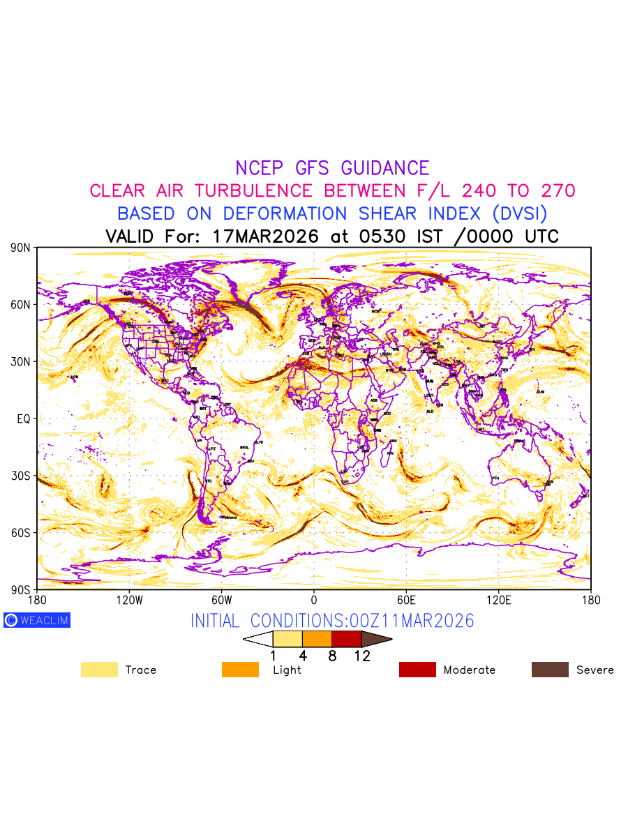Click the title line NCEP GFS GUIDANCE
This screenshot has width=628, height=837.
(x=332, y=168)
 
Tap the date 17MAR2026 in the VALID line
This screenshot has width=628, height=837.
(x=265, y=236)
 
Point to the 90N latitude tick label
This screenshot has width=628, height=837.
(x=21, y=248)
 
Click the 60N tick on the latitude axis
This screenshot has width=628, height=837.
(x=21, y=305)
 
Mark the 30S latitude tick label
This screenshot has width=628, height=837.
(x=21, y=476)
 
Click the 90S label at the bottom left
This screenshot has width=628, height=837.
(x=21, y=589)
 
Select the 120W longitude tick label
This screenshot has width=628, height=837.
(x=129, y=600)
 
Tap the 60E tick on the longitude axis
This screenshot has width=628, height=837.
(x=406, y=600)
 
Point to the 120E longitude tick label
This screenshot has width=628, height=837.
(x=499, y=600)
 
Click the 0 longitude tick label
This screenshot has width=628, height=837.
(x=314, y=600)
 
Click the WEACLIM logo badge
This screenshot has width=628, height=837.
(x=37, y=620)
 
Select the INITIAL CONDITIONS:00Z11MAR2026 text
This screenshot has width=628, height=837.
(x=332, y=621)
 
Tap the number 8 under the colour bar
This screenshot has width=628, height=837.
(x=332, y=656)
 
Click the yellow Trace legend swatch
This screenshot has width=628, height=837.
(x=98, y=670)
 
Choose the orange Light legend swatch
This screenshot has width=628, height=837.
(x=240, y=670)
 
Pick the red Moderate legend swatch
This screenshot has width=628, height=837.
(x=417, y=670)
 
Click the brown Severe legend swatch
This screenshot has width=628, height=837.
(x=550, y=670)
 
